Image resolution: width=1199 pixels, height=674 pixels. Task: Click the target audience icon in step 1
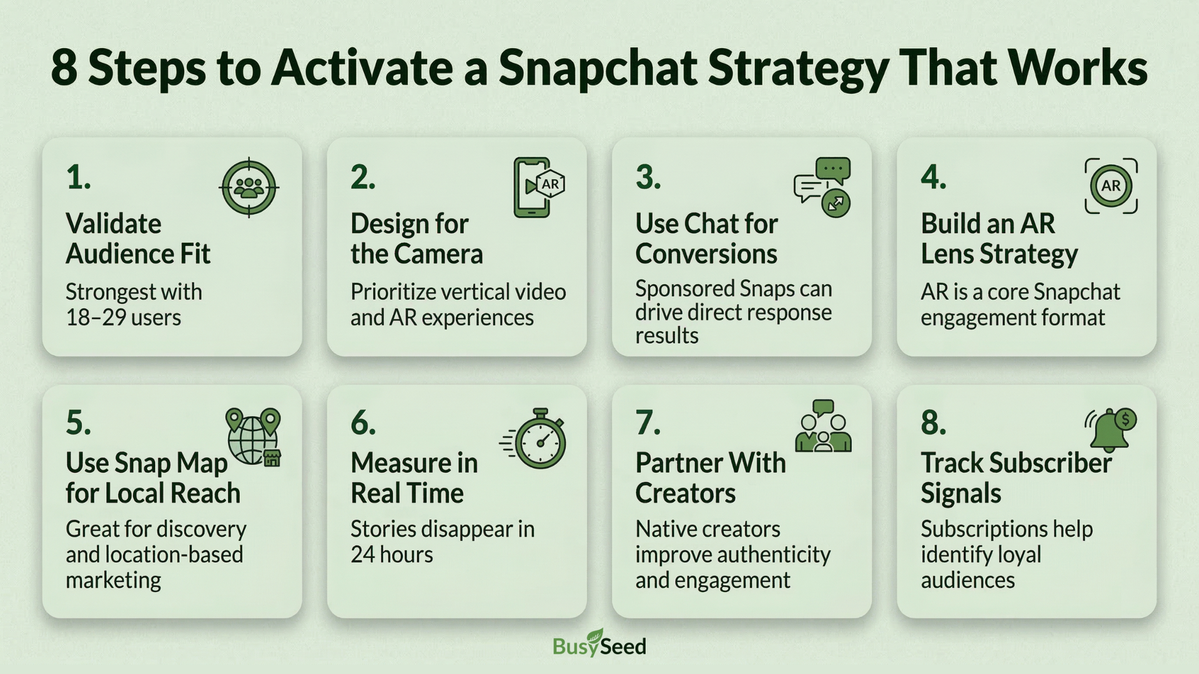pyautogui.click(x=249, y=187)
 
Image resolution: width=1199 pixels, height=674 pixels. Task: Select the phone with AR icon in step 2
pyautogui.click(x=537, y=187)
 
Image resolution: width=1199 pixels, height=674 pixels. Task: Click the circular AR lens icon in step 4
pyautogui.click(x=1110, y=186)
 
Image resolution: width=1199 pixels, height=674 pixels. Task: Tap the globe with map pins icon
pyautogui.click(x=254, y=437)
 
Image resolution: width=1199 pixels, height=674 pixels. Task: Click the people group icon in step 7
pyautogui.click(x=823, y=427)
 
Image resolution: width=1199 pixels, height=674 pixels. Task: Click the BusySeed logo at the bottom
pyautogui.click(x=599, y=644)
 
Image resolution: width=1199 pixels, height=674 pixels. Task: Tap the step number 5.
pyautogui.click(x=78, y=423)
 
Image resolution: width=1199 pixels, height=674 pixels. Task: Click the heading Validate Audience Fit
pyautogui.click(x=137, y=239)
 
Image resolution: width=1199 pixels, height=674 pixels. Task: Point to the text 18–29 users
pyautogui.click(x=123, y=318)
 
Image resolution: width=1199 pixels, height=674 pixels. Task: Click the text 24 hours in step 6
pyautogui.click(x=392, y=555)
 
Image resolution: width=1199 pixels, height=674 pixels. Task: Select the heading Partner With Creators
pyautogui.click(x=710, y=478)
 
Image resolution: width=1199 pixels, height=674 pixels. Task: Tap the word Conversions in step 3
pyautogui.click(x=706, y=255)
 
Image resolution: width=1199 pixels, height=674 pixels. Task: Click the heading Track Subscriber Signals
pyautogui.click(x=1015, y=478)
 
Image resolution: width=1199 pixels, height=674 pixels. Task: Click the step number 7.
pyautogui.click(x=648, y=423)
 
